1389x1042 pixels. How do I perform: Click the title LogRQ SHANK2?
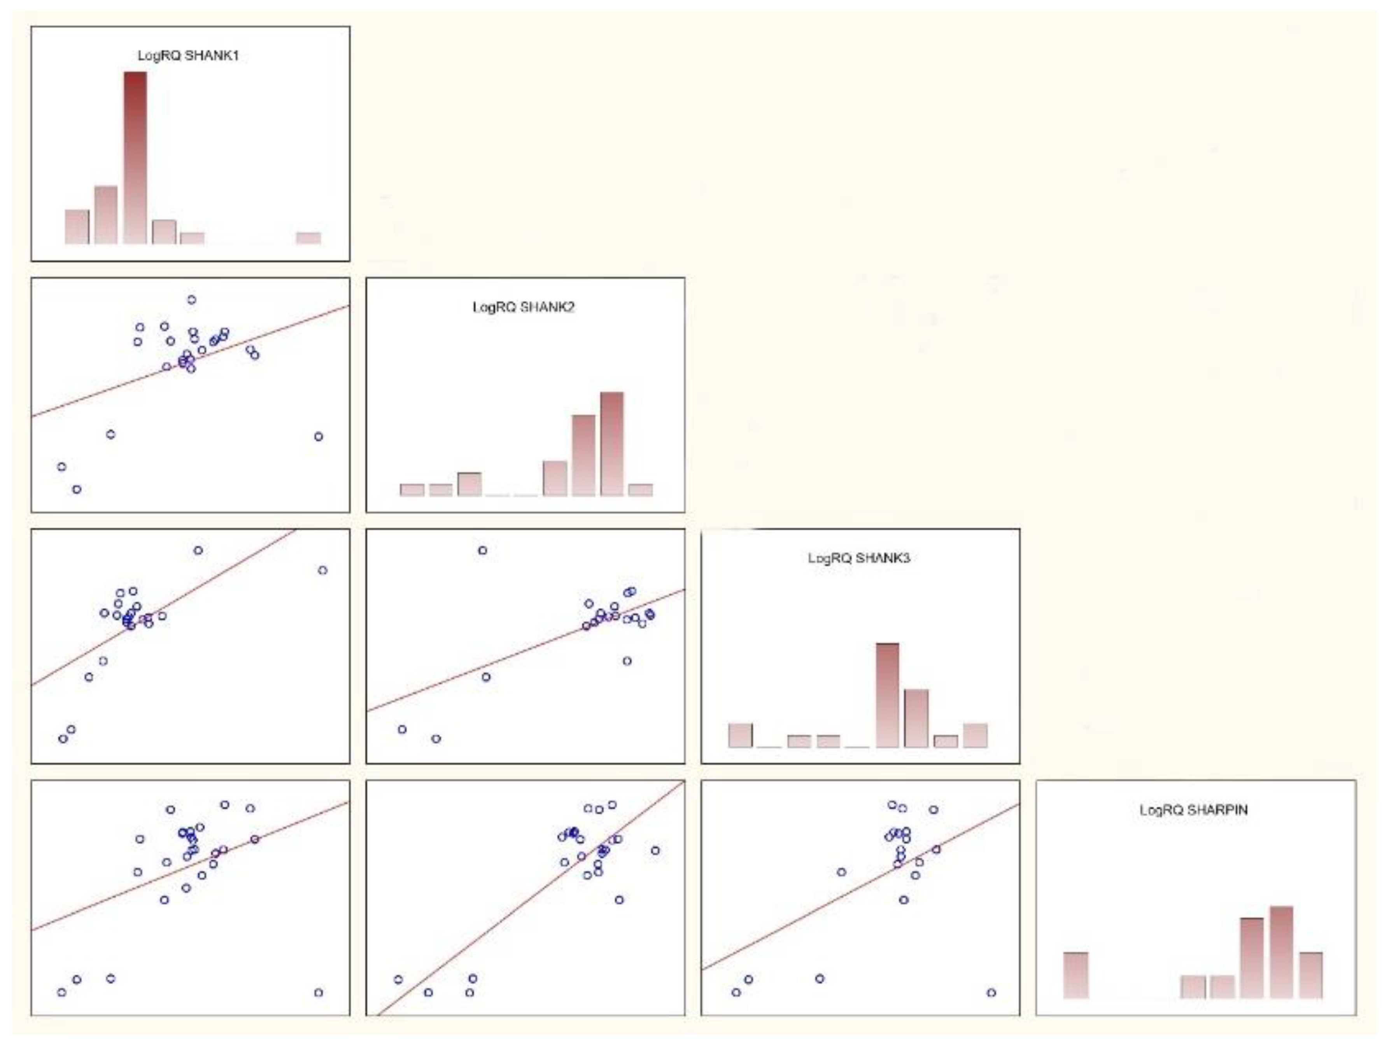(x=523, y=307)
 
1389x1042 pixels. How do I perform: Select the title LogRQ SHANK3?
(x=858, y=558)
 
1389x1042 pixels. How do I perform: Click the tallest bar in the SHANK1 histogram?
(x=135, y=157)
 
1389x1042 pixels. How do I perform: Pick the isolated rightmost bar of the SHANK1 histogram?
(x=308, y=238)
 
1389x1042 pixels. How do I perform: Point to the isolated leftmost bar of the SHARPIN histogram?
(x=1075, y=975)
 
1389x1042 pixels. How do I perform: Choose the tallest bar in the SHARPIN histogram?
(x=1281, y=952)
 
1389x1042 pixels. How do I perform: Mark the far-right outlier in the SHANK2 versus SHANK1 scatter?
(x=318, y=436)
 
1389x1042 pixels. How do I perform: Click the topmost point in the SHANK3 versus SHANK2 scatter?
(x=482, y=551)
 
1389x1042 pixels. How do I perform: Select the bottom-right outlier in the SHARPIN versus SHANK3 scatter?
(x=991, y=992)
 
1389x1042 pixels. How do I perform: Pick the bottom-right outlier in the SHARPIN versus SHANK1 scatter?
(x=318, y=992)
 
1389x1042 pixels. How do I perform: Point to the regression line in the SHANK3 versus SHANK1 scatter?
(x=163, y=608)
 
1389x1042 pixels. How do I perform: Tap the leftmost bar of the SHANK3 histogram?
(x=740, y=736)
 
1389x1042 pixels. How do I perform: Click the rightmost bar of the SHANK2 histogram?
(x=641, y=490)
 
